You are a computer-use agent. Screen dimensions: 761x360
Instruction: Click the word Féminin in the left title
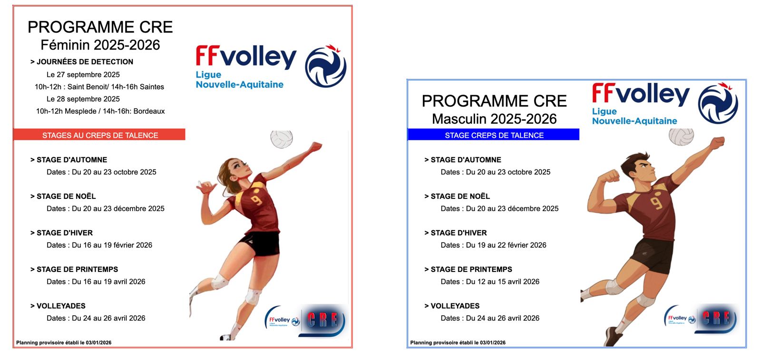tap(65, 45)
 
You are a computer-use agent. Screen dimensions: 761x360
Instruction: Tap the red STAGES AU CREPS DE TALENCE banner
tap(99, 135)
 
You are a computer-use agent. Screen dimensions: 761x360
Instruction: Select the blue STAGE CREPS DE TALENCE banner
tap(494, 135)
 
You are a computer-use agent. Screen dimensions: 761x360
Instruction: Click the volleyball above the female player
tap(282, 139)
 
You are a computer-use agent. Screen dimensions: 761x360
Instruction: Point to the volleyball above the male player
tap(681, 137)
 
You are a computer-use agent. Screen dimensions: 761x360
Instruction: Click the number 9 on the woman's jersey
tap(257, 200)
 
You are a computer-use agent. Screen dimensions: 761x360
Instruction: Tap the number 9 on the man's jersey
tap(656, 203)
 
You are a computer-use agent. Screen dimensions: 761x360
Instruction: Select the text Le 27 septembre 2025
tap(83, 75)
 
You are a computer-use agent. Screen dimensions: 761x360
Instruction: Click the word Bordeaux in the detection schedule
tap(149, 111)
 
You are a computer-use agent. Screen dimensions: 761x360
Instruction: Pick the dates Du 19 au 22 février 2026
tap(506, 245)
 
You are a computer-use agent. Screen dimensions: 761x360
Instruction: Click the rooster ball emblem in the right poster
tap(718, 103)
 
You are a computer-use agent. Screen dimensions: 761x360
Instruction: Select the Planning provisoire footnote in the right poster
tap(458, 343)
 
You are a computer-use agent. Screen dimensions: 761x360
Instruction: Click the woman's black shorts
tap(261, 243)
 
